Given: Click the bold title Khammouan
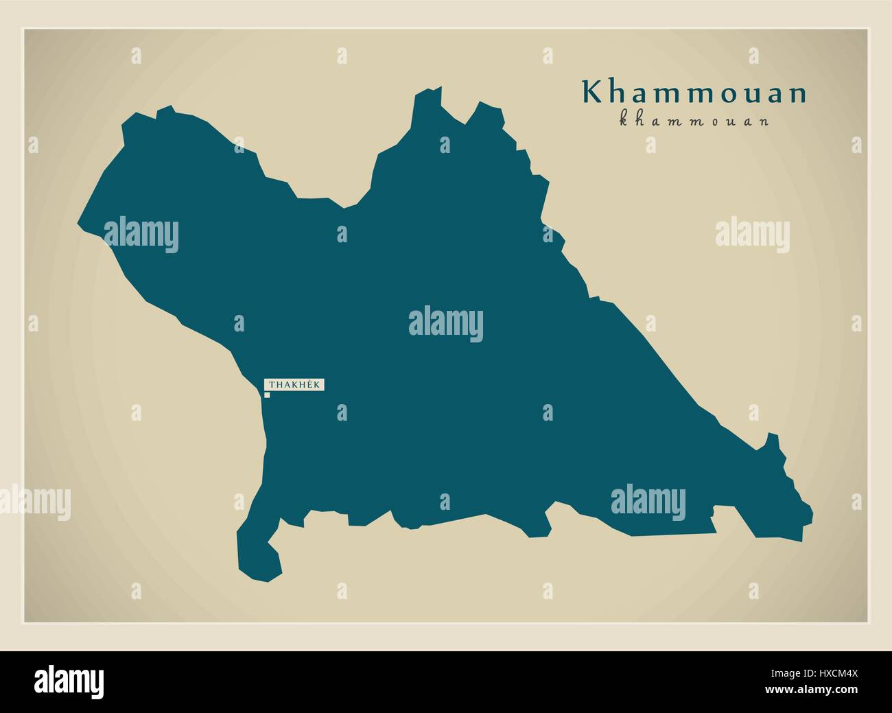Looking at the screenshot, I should [694, 93].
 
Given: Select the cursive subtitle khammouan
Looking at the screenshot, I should [694, 121].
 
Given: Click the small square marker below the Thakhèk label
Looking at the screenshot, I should [268, 395].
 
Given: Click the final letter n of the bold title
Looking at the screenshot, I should [798, 95].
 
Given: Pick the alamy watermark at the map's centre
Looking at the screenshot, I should [445, 324].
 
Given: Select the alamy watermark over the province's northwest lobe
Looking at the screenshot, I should [141, 235].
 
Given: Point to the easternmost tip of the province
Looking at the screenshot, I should [812, 512].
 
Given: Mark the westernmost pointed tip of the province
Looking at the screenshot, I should [78, 222].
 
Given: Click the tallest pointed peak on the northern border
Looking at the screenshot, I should [432, 90].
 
